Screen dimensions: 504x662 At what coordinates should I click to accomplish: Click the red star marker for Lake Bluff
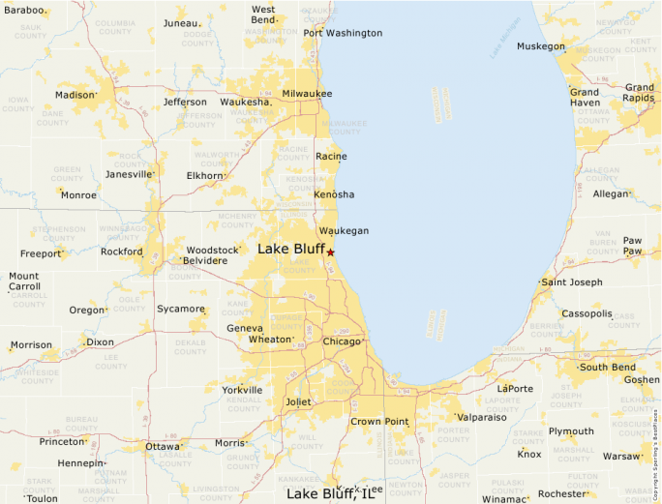[x=330, y=252]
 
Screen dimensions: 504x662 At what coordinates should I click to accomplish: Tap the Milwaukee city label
[x=307, y=94]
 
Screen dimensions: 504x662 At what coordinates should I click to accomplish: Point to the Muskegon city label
[x=540, y=46]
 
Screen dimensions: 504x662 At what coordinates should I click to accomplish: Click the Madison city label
[x=75, y=95]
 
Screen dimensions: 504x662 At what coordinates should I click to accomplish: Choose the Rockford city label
[x=121, y=252]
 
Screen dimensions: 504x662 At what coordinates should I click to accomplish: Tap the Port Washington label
[x=343, y=33]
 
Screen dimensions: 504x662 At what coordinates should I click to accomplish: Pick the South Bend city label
[x=607, y=367]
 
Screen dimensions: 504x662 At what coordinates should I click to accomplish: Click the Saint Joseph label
[x=571, y=282]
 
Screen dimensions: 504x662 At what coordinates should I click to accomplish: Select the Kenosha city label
[x=334, y=194]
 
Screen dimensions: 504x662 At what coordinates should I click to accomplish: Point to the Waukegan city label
[x=344, y=231]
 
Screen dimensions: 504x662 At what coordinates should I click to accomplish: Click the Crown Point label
[x=379, y=422]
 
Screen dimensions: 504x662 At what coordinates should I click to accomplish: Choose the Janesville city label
[x=129, y=175]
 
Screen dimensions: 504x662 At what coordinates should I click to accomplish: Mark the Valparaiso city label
[x=488, y=417]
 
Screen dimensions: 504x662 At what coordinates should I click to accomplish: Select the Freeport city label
[x=41, y=254]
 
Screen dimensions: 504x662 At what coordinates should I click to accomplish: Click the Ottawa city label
[x=162, y=447]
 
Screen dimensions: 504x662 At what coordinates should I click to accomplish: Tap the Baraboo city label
[x=23, y=9]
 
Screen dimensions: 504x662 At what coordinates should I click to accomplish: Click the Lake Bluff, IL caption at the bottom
[x=330, y=494]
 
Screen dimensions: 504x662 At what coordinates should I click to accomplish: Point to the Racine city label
[x=331, y=157]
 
